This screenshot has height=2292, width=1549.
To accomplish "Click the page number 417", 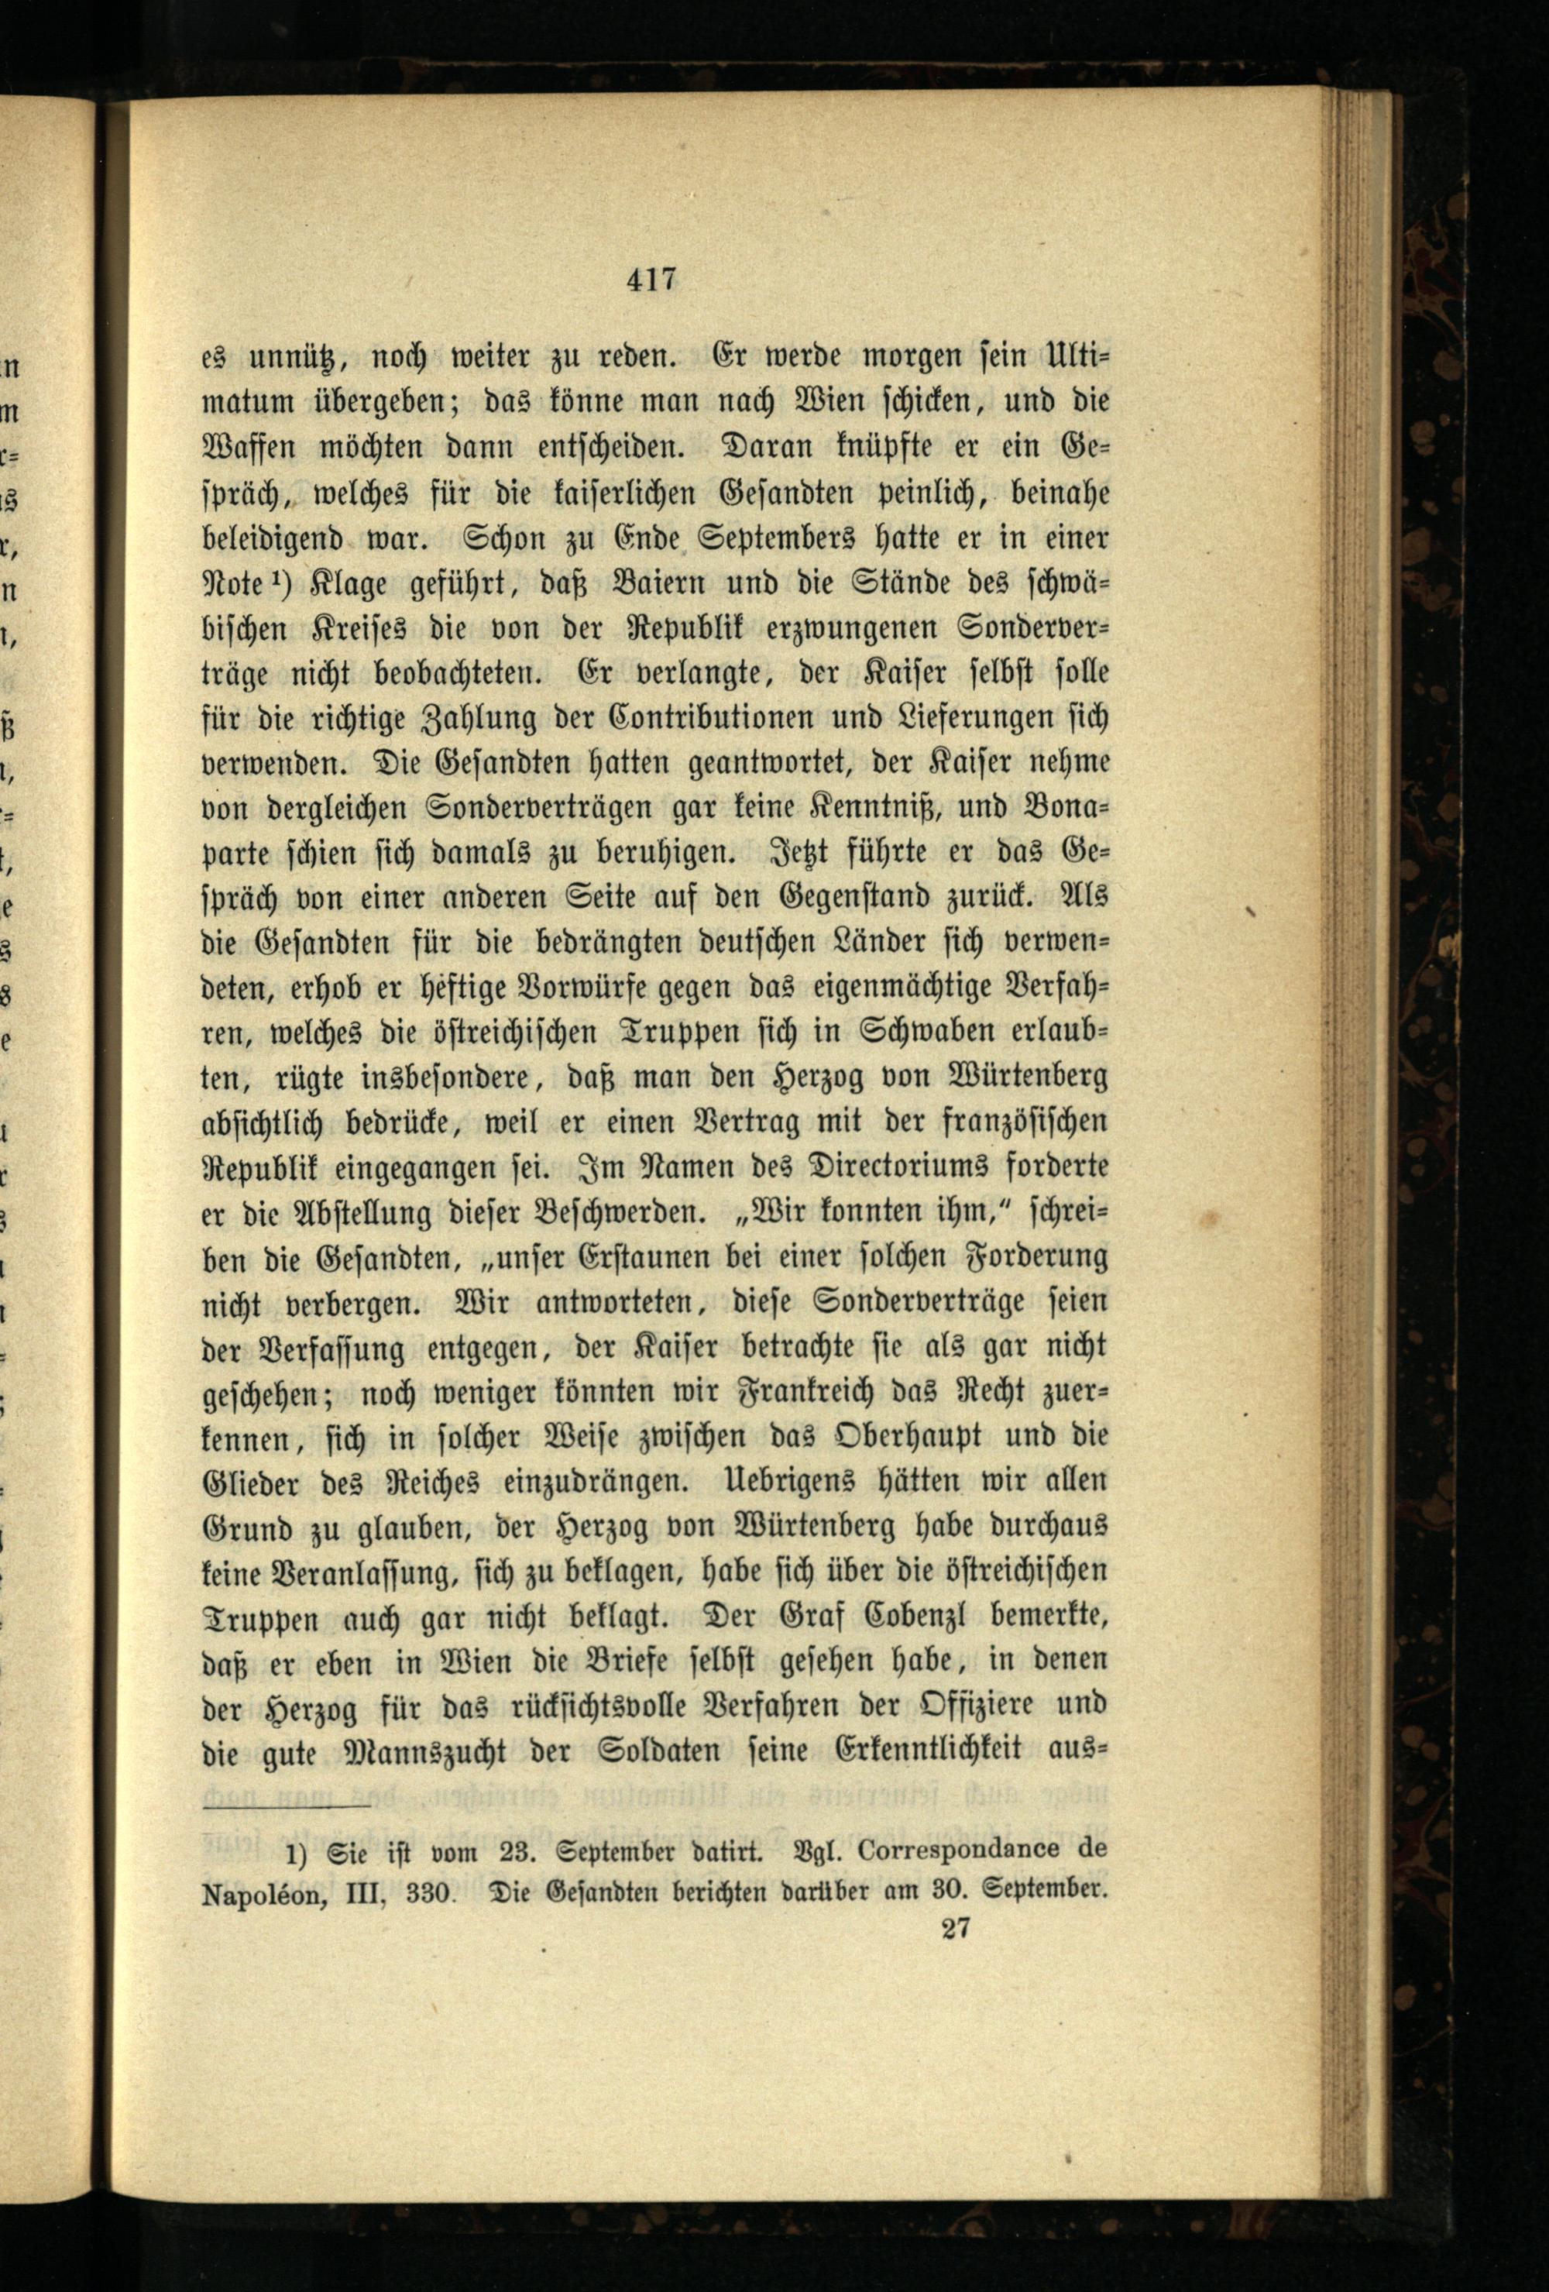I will pyautogui.click(x=651, y=281).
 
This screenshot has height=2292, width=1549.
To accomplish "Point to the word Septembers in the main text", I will pyautogui.click(x=756, y=538).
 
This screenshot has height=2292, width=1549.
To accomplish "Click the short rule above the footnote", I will pyautogui.click(x=286, y=1806).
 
